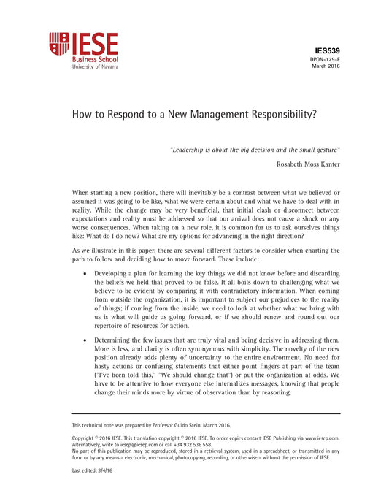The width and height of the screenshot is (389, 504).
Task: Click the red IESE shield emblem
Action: pyautogui.click(x=59, y=44)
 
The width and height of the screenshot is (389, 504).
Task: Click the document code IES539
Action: pyautogui.click(x=327, y=48)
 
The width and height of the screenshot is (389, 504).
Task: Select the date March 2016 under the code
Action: pyautogui.click(x=326, y=66)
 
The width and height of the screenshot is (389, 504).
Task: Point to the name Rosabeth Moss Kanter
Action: pyautogui.click(x=308, y=164)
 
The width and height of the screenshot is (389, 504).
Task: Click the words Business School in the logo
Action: pyautogui.click(x=94, y=58)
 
